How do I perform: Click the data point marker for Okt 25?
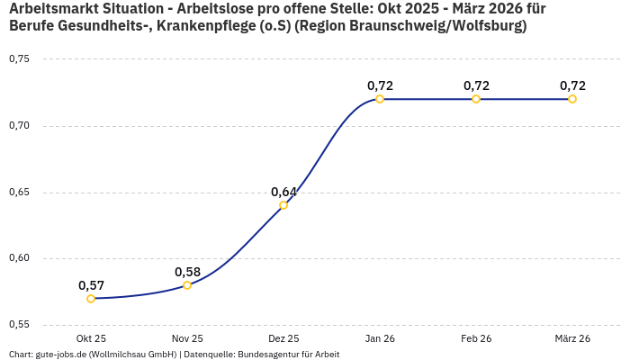(x=91, y=299)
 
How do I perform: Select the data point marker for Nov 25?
(x=187, y=285)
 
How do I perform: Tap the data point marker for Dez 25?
(x=283, y=205)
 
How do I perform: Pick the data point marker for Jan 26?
(x=380, y=99)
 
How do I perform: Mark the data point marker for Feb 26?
(x=476, y=99)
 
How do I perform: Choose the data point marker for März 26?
(x=572, y=99)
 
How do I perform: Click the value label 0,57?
(x=91, y=285)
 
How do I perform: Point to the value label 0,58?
(x=187, y=272)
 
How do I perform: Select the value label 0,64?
(x=283, y=192)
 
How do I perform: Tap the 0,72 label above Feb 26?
(x=476, y=85)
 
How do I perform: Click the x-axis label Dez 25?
(x=283, y=338)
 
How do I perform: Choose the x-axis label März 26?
(x=572, y=338)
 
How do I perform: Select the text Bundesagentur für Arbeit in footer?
(x=288, y=354)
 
